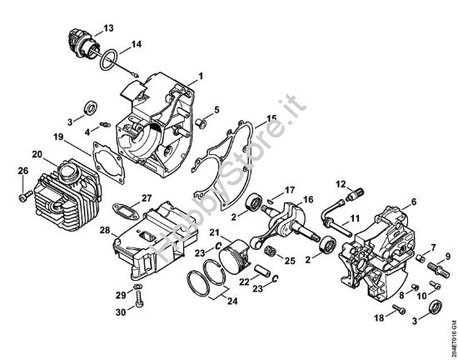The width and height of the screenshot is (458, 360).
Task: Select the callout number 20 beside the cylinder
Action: pyautogui.click(x=37, y=153)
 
